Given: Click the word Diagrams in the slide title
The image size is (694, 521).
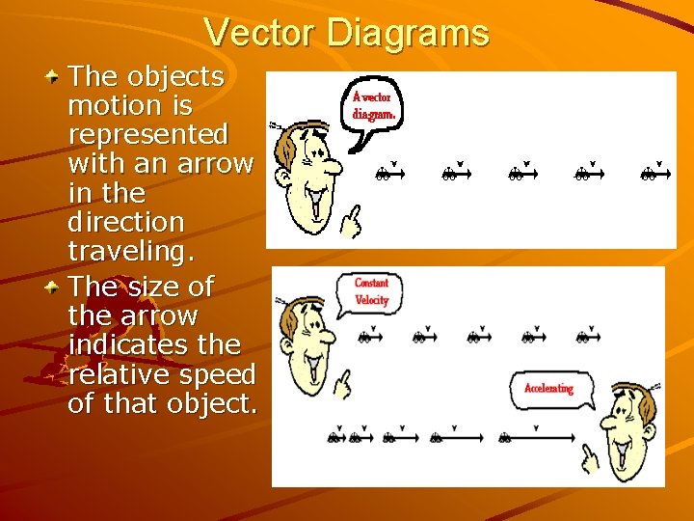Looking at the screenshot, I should click(x=408, y=33).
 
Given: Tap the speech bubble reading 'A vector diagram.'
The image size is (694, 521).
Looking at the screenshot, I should click(x=374, y=106).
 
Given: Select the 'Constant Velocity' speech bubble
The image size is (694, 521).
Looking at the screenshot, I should click(x=370, y=291).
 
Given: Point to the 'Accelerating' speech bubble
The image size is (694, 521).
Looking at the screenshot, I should click(x=548, y=388).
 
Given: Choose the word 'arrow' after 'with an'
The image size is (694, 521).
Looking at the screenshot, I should click(x=214, y=163).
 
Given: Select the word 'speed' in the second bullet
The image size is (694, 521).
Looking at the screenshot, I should click(x=222, y=374).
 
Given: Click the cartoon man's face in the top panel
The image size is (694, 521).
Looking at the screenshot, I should click(x=310, y=174).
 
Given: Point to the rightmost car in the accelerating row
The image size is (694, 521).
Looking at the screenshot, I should click(x=504, y=438).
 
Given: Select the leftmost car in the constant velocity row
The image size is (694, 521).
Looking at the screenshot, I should click(x=365, y=338).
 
